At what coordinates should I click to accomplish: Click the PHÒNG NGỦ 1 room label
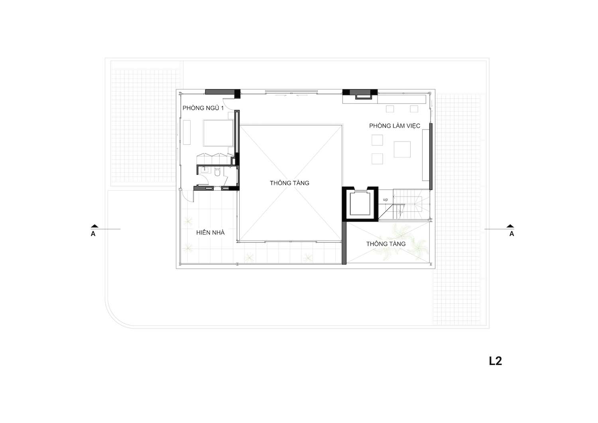(x=203, y=108)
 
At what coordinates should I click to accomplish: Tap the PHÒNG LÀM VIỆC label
(x=395, y=126)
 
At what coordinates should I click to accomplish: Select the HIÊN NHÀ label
(x=210, y=232)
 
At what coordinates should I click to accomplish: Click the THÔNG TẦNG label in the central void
(x=289, y=183)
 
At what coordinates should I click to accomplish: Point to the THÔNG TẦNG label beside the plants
(x=386, y=244)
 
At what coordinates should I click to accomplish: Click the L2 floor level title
(x=496, y=361)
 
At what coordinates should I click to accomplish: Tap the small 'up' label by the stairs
(x=385, y=200)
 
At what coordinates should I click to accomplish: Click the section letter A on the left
(x=93, y=234)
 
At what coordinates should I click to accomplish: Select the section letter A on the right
(x=511, y=234)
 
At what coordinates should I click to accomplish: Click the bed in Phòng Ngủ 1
(x=218, y=133)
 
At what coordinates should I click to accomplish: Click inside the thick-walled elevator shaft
(x=360, y=203)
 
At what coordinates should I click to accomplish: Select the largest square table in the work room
(x=402, y=150)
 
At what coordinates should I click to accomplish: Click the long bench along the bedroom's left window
(x=187, y=132)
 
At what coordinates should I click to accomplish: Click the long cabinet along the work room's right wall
(x=425, y=155)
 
